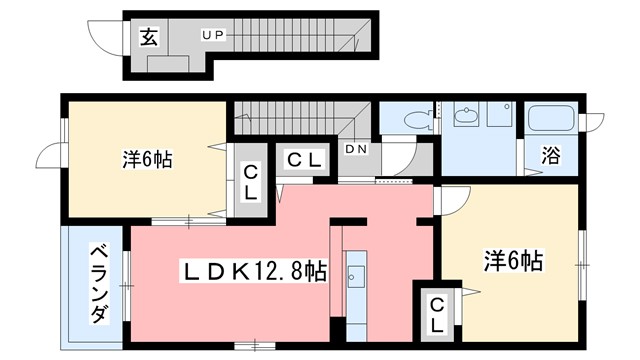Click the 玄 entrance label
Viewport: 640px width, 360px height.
click(x=148, y=38)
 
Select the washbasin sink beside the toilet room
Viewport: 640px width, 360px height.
click(x=465, y=118)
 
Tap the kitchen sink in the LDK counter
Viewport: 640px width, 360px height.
click(x=356, y=276)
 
